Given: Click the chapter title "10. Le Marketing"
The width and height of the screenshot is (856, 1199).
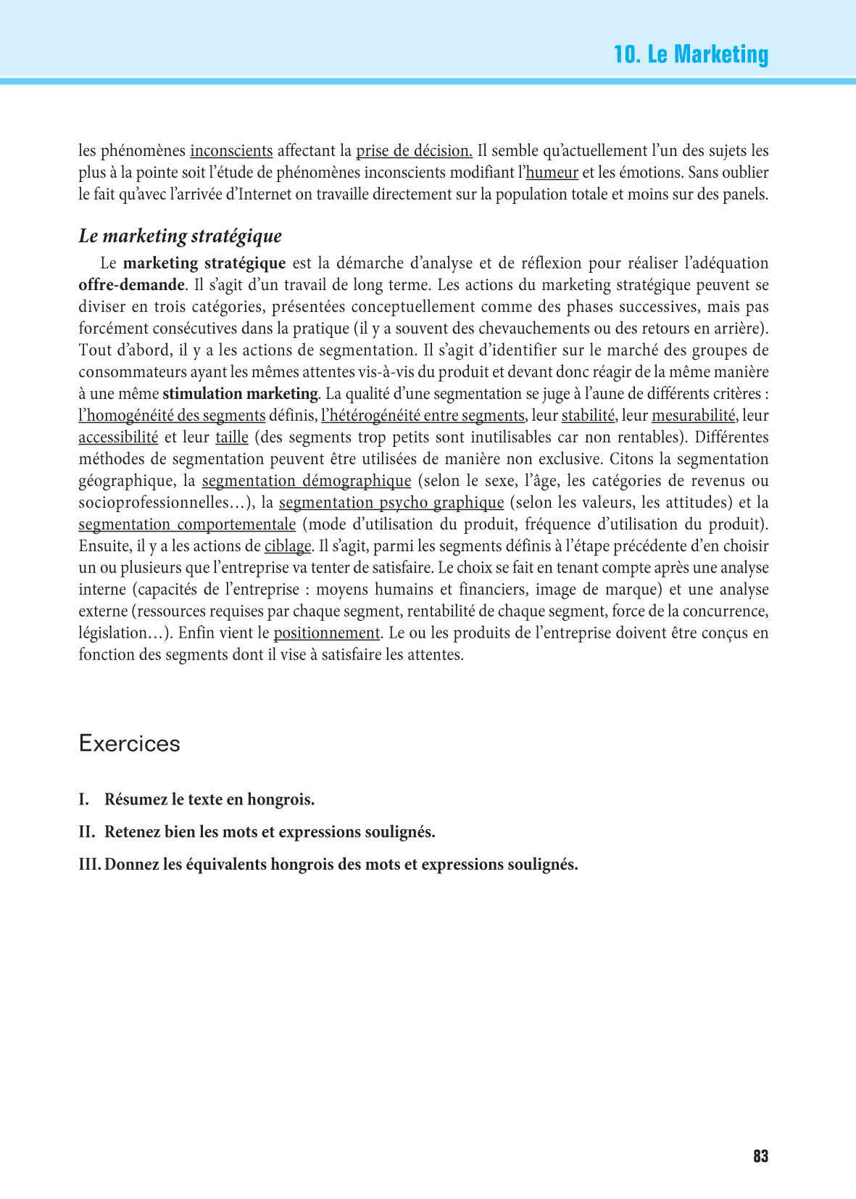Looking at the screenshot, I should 690,54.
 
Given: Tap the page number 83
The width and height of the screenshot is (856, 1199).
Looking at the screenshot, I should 760,1156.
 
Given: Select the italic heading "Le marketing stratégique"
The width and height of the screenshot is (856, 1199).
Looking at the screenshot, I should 180,236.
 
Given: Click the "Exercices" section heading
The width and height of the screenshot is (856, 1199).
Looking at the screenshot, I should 130,743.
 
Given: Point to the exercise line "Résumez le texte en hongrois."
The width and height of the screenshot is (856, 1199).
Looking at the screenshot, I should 209,799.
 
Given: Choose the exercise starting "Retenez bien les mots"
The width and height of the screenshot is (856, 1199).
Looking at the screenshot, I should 270,832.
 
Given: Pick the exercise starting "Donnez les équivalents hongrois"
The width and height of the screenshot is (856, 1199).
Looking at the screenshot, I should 341,865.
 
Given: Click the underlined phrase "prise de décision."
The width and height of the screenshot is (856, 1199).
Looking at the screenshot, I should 414,151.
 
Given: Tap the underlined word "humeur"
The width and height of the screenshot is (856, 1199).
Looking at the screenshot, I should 552,173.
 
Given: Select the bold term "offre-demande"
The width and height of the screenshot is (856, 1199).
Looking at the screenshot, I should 132,285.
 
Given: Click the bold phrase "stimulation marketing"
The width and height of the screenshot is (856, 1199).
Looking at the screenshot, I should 240,394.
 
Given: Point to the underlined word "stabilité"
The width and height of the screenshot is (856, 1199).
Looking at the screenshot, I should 588,416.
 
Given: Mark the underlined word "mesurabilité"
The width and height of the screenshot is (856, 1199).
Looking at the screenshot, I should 694,416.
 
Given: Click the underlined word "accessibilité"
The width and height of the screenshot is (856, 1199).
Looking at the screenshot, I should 118,437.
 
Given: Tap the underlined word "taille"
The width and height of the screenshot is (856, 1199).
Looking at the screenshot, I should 232,437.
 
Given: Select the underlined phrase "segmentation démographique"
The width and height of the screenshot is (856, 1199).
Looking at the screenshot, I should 307,481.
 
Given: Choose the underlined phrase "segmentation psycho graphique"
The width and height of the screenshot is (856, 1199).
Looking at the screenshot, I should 391,503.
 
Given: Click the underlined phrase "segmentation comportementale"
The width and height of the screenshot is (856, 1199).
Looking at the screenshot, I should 187,524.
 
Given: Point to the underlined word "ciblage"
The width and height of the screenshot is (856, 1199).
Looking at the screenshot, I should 288,546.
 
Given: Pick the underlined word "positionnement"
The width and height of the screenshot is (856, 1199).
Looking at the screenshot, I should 326,633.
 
